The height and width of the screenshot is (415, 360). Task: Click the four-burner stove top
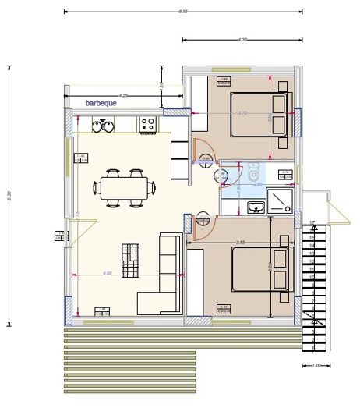click(148, 124)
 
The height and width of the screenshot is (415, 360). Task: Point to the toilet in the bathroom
click(254, 175)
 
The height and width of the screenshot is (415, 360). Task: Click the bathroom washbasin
click(255, 207)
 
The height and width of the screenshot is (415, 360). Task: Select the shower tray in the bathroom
click(281, 202)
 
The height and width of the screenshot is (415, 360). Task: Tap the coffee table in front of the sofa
click(130, 260)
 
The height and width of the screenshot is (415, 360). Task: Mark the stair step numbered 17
click(312, 225)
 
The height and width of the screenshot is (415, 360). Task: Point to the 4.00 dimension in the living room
click(108, 273)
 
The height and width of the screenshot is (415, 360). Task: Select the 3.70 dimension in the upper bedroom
click(242, 113)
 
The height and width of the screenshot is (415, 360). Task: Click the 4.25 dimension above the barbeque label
click(125, 95)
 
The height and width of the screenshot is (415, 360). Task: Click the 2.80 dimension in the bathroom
click(258, 184)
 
